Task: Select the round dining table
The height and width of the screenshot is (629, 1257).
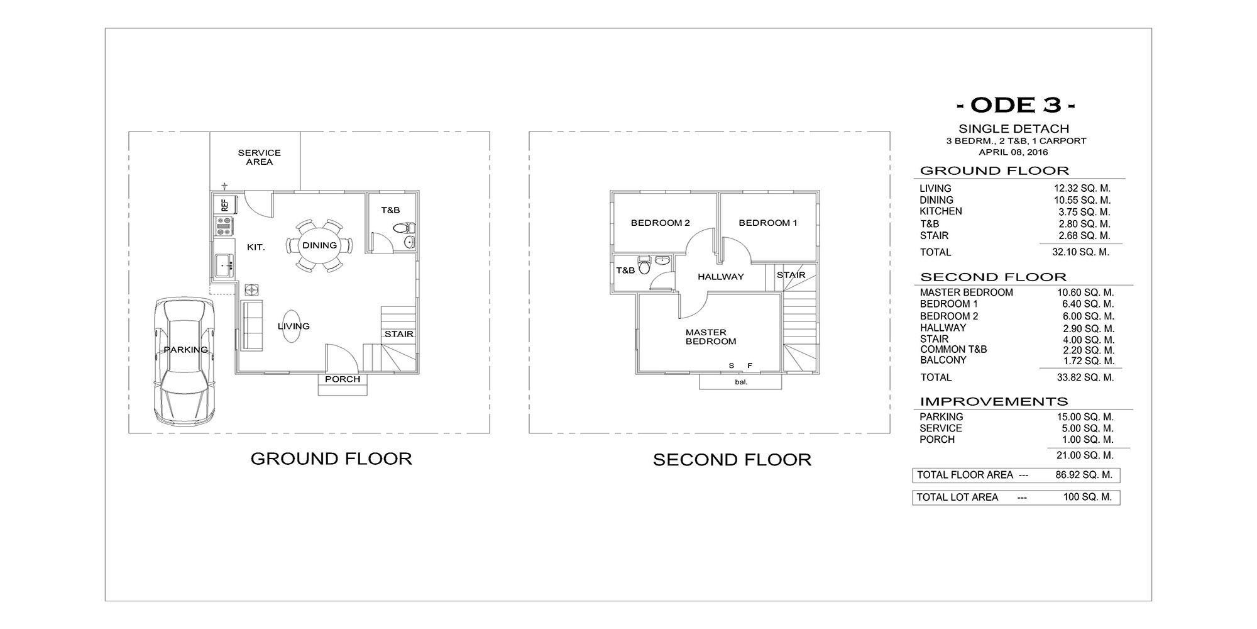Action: pyautogui.click(x=319, y=245)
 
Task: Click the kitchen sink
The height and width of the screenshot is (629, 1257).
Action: pyautogui.click(x=224, y=266)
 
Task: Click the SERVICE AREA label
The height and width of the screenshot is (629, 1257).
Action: pyautogui.click(x=259, y=157)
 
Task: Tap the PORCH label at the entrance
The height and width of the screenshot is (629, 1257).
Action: pyautogui.click(x=343, y=379)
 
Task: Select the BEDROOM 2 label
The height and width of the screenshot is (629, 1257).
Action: pyautogui.click(x=660, y=223)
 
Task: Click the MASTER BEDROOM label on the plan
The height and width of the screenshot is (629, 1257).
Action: pyautogui.click(x=711, y=337)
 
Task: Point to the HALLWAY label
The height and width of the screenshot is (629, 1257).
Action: pyautogui.click(x=720, y=277)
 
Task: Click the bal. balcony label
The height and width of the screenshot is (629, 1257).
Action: pyautogui.click(x=741, y=382)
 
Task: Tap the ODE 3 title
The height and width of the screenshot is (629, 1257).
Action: pyautogui.click(x=1014, y=104)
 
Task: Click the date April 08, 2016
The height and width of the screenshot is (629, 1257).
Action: pyautogui.click(x=1013, y=152)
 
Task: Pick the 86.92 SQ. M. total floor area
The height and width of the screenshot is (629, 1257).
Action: pyautogui.click(x=1084, y=475)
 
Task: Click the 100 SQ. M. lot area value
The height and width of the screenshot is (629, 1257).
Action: pyautogui.click(x=1087, y=497)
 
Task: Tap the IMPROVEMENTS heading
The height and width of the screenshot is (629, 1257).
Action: pyautogui.click(x=994, y=401)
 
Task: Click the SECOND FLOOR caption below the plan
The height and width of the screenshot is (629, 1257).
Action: pyautogui.click(x=732, y=460)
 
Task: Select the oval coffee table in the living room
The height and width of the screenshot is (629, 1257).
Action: pyautogui.click(x=290, y=326)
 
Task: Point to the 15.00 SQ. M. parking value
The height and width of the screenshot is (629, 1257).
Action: pyautogui.click(x=1085, y=417)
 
